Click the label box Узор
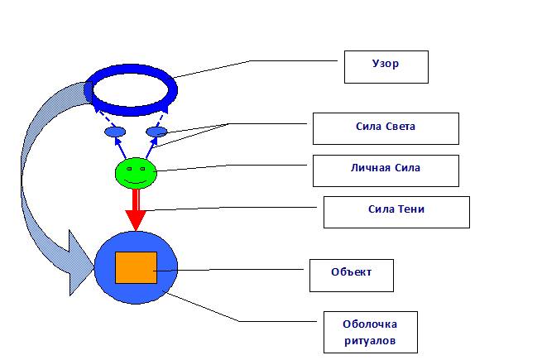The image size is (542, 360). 386,67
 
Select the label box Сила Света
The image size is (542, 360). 386,128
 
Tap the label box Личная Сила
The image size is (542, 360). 386,170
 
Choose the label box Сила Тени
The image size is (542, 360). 396,211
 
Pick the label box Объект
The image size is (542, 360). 352,275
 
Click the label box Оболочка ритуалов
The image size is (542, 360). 368,331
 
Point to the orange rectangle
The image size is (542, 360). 136,267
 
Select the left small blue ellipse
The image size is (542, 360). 114,132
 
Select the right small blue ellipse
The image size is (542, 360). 156,132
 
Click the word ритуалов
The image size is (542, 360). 368,339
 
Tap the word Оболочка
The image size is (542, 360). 368,324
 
